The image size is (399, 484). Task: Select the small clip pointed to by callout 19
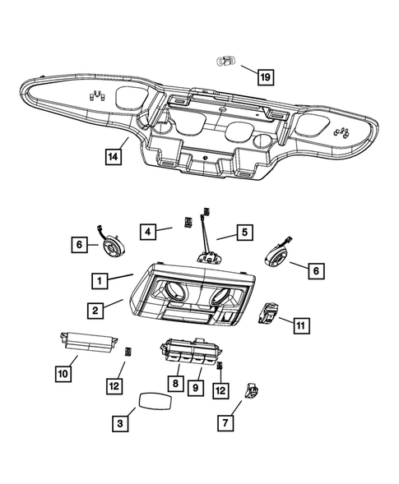pyautogui.click(x=225, y=62)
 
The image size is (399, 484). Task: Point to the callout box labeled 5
pyautogui.click(x=244, y=233)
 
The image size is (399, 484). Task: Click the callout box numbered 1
pyautogui.click(x=100, y=281)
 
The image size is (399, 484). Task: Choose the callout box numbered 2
pyautogui.click(x=97, y=310)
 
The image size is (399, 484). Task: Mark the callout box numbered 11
pyautogui.click(x=301, y=325)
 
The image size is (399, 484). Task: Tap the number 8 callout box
pyautogui.click(x=175, y=383)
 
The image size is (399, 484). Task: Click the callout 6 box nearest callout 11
pyautogui.click(x=317, y=268)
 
